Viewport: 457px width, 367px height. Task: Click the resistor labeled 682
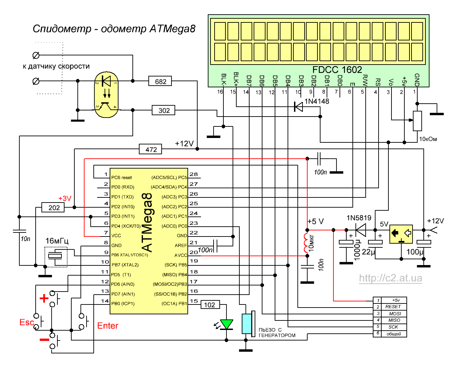tap(160, 81)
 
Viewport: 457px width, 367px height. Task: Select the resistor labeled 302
tap(164, 110)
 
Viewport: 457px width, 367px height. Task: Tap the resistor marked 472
tap(151, 149)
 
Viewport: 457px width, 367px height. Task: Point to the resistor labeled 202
tap(53, 207)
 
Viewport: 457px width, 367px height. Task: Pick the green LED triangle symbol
tap(226, 324)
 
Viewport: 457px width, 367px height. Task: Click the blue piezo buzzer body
tap(246, 324)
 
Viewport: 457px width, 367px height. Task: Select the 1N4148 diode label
tap(317, 101)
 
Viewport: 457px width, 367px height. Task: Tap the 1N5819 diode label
tap(359, 218)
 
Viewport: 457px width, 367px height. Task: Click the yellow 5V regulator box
tap(401, 234)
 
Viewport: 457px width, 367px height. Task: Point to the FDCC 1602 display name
tap(337, 70)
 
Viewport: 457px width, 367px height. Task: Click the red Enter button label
tap(108, 326)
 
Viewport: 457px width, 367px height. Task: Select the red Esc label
tap(26, 322)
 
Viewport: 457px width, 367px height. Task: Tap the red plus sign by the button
tap(44, 298)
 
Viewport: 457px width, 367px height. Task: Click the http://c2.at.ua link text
tap(390, 278)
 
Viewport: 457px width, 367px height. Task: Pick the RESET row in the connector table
tap(393, 307)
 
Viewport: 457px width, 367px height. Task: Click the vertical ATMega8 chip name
tap(147, 223)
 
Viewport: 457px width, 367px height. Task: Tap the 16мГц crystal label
tap(57, 241)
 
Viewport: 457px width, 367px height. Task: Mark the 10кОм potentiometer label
tap(428, 139)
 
